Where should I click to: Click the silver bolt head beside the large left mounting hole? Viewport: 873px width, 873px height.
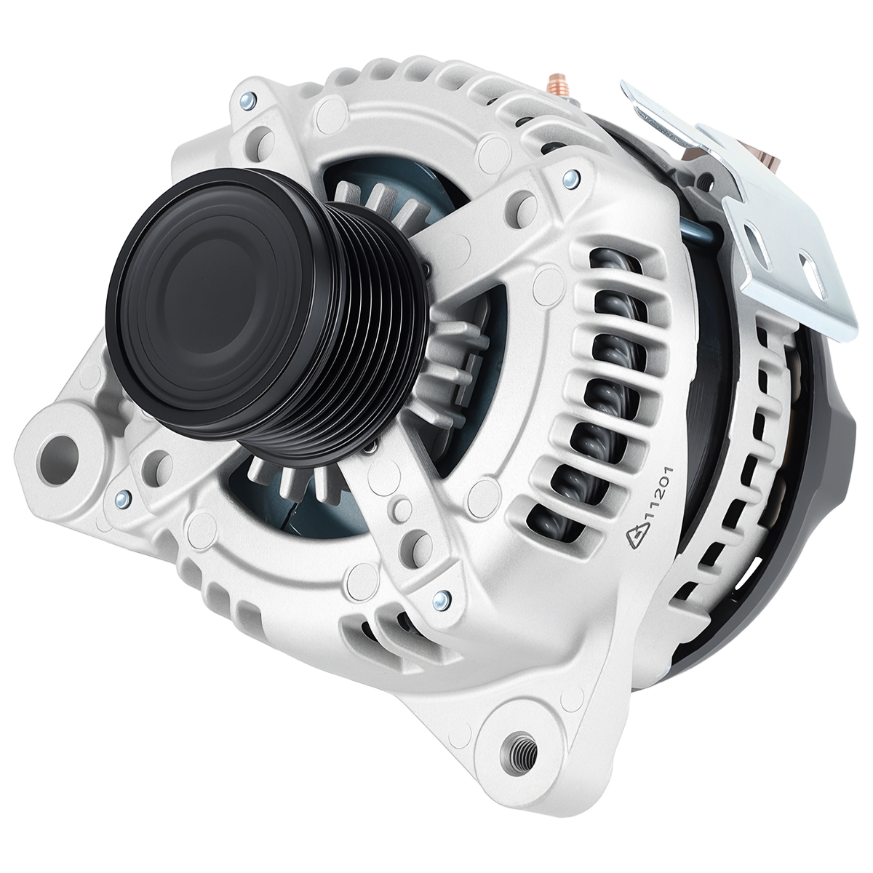pos(121,499)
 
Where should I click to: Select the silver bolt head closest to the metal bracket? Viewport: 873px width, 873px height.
pos(570,179)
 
